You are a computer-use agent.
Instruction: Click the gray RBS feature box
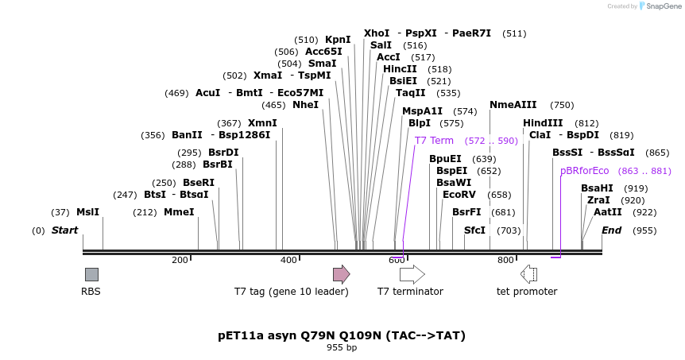[x=91, y=274]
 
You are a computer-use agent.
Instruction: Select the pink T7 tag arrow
[x=342, y=274]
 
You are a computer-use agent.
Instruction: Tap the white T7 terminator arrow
[x=412, y=274]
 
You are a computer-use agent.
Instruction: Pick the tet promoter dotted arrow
[x=528, y=274]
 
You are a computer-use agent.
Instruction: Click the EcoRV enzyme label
[x=459, y=195]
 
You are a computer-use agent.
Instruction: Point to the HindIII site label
[x=543, y=122]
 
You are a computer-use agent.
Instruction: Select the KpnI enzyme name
[x=338, y=40]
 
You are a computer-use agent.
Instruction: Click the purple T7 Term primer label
[x=434, y=140]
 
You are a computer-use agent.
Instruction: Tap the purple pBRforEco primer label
[x=585, y=171]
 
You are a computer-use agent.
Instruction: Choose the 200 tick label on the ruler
[x=180, y=260]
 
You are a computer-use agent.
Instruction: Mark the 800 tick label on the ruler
[x=505, y=260]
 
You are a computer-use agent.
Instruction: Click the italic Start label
[x=64, y=230]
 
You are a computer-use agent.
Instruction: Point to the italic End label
[x=612, y=230]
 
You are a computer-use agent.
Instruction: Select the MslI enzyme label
[x=87, y=212]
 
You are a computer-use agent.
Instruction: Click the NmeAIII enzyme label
[x=513, y=105]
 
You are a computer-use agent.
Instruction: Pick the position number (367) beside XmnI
[x=229, y=123]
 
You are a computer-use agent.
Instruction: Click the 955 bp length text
[x=342, y=348]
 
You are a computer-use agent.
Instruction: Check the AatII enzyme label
[x=608, y=212]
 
